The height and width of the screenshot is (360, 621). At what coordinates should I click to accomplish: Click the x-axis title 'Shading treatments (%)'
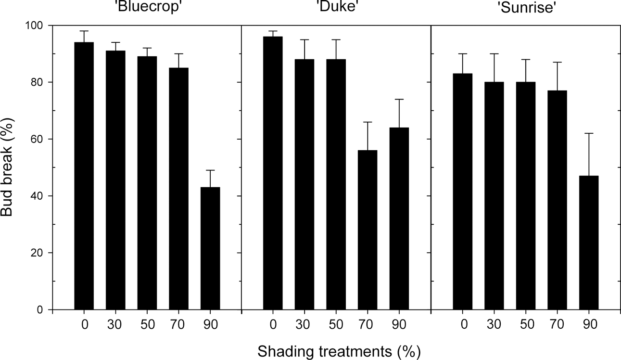[339, 351]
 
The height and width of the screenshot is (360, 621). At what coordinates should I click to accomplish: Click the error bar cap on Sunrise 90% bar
[589, 133]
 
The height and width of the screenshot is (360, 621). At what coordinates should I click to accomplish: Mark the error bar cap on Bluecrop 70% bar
[178, 53]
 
